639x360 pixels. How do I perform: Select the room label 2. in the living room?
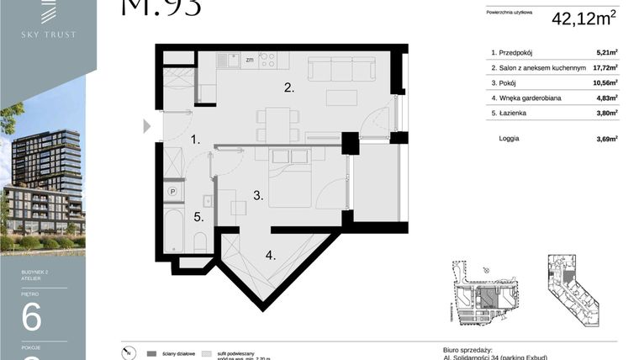[x=288, y=87]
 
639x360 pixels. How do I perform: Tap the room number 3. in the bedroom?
[x=259, y=196]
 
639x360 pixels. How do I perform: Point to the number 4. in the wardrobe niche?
[x=270, y=255]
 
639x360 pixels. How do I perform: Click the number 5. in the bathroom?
[x=198, y=217]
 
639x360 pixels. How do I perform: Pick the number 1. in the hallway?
[x=194, y=140]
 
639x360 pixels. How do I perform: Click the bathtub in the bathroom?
[x=174, y=230]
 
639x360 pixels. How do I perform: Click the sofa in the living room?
[x=341, y=68]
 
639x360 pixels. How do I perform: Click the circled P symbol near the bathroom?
[x=173, y=191]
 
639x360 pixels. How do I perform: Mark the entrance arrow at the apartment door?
[x=147, y=126]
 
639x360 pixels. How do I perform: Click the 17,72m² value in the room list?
[x=605, y=68]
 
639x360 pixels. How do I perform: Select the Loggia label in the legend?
[x=509, y=139]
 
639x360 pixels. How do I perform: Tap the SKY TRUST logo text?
[x=48, y=34]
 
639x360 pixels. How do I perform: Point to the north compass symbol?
[x=126, y=353]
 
